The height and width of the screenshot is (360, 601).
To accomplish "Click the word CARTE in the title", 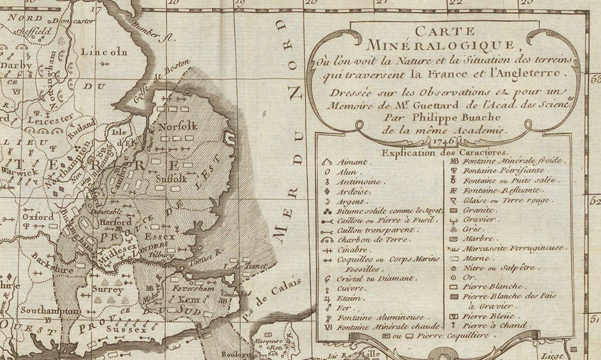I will (445, 31).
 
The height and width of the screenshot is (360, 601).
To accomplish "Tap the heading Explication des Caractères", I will (444, 152).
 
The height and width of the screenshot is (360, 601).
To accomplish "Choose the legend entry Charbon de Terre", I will (366, 239).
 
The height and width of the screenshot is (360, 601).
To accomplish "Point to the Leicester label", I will (47, 120).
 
